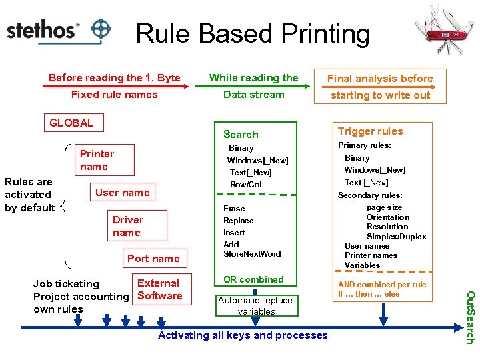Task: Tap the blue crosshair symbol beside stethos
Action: [x=101, y=29]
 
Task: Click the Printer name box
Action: [x=97, y=160]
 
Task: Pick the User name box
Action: [x=123, y=193]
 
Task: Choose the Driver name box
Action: [x=127, y=226]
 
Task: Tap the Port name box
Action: [x=153, y=259]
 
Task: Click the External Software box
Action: [x=159, y=290]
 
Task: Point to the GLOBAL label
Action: [x=71, y=123]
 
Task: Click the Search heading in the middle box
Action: [x=241, y=135]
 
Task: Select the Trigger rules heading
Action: [x=370, y=131]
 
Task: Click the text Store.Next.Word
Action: [x=252, y=254]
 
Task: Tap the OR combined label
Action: [x=253, y=279]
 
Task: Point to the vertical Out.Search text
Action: [x=469, y=317]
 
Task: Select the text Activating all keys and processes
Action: [x=243, y=335]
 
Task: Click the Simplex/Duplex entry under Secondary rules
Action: [x=396, y=237]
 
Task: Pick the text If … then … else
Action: [x=369, y=294]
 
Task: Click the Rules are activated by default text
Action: [x=29, y=195]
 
